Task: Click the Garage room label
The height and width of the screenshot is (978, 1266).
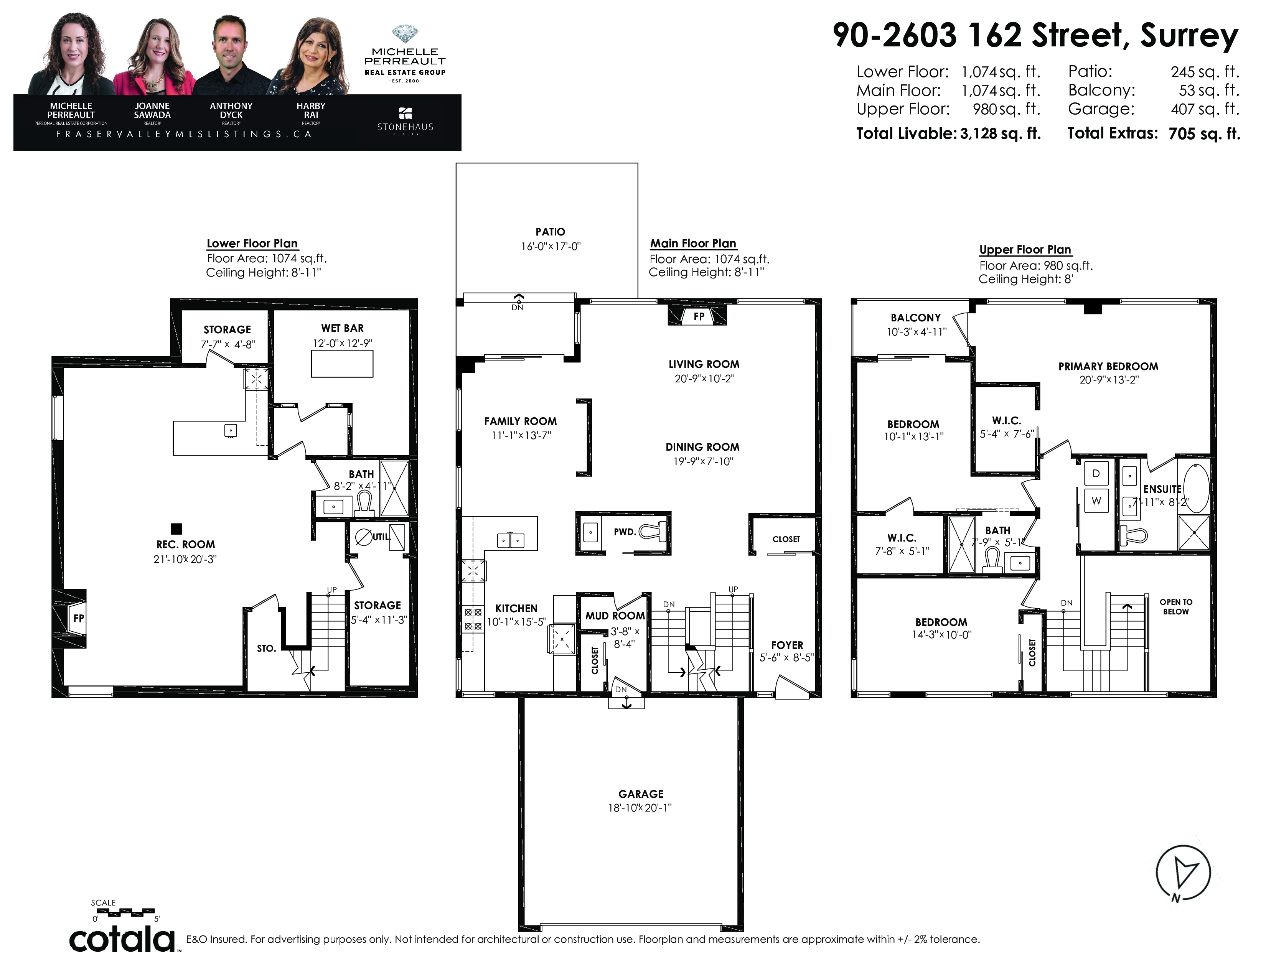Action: pos(641,794)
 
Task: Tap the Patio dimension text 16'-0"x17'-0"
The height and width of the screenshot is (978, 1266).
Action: pos(550,246)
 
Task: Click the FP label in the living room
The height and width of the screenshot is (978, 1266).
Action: pos(699,316)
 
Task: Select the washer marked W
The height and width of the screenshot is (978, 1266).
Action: pos(1096,501)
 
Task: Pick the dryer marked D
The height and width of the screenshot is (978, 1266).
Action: pos(1096,473)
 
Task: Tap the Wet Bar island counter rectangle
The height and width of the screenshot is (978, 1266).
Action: pos(342,364)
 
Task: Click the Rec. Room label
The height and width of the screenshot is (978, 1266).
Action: pos(186,545)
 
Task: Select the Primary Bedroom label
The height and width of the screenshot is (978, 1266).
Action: pos(1108,366)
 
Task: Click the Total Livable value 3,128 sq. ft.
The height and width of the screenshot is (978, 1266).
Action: pos(1001,134)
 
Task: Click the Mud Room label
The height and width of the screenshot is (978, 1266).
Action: pos(615,616)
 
